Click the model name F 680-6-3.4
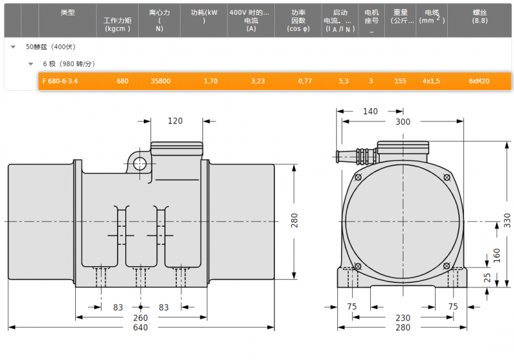coord(60,81)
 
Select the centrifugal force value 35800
coord(161,81)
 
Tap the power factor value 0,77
coord(305,81)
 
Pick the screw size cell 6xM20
coord(479,81)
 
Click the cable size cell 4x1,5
coord(431,81)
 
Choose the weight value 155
coord(400,81)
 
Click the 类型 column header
coord(67,12)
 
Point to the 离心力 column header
coord(159,12)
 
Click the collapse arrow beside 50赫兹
coord(13,47)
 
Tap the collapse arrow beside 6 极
coord(30,64)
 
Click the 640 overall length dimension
coord(140,327)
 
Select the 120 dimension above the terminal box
coord(175,121)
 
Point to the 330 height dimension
coord(507,221)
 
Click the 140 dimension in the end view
coord(370,111)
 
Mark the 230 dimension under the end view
coord(403,318)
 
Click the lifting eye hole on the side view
coord(140,163)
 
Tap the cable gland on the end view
coord(357,156)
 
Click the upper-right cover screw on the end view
coord(447,177)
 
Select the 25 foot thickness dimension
coord(488,277)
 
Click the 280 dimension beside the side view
coord(294,221)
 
